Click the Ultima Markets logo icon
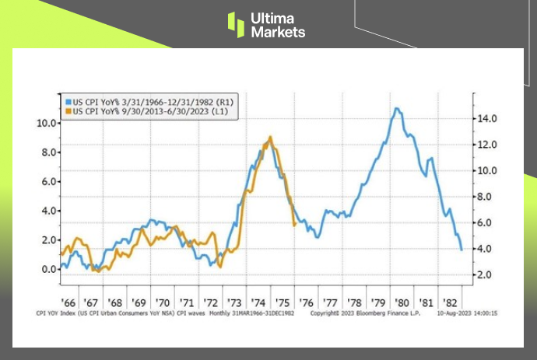[x=236, y=23]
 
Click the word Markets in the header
[x=279, y=32]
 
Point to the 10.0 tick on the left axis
[x=45, y=123]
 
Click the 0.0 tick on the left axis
[x=47, y=269]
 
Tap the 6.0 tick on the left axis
[x=47, y=181]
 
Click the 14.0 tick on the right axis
[x=487, y=118]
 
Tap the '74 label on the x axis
[x=260, y=302]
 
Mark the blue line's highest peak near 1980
[x=398, y=108]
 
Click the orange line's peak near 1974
[x=270, y=137]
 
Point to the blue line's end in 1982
[x=462, y=250]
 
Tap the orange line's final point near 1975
[x=293, y=225]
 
